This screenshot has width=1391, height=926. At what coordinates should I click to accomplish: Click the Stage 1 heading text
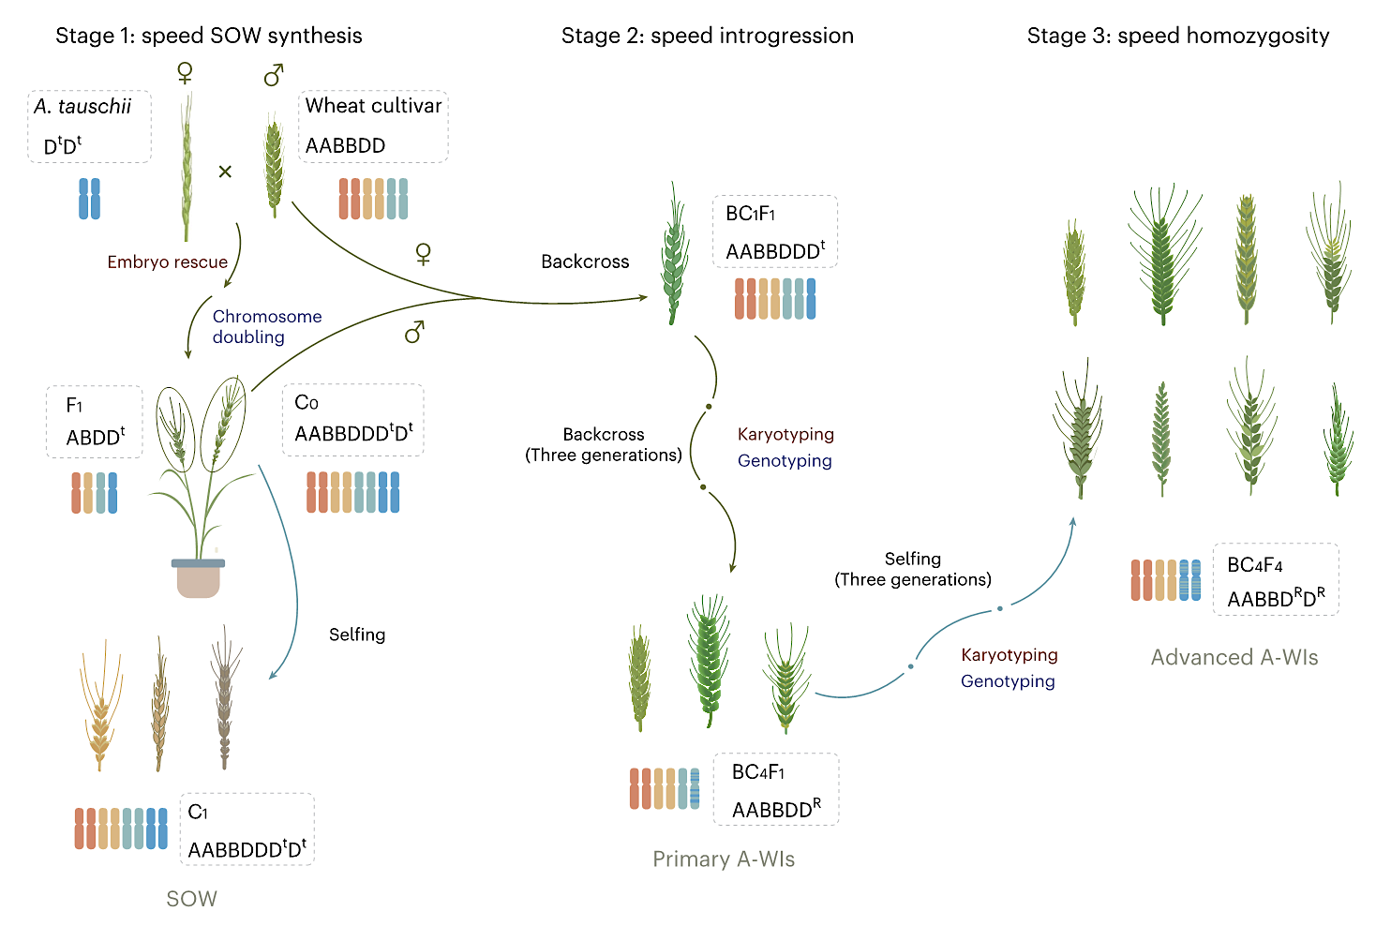[x=208, y=36]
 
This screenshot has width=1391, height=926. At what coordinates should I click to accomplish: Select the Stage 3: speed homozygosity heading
[x=1177, y=36]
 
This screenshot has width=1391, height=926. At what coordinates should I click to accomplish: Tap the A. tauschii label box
[x=89, y=126]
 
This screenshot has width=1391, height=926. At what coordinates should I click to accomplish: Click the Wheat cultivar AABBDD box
[x=373, y=126]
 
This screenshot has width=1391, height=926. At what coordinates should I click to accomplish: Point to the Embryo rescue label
[x=167, y=262]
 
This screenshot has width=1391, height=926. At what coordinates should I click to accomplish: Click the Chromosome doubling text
[x=266, y=327]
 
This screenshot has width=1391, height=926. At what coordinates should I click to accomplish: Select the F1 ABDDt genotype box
[x=95, y=422]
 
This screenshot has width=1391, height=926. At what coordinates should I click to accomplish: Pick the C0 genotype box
[x=352, y=420]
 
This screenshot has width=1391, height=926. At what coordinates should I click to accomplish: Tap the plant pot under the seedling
[x=198, y=578]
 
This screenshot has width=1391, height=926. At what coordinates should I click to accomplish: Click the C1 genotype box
[x=247, y=829]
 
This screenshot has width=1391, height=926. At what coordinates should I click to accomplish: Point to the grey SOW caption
[x=191, y=899]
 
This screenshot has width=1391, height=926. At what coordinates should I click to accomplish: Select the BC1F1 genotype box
[x=774, y=231]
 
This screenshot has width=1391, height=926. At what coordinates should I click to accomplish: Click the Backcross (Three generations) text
[x=603, y=445]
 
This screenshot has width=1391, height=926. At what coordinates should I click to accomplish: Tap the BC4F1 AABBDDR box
[x=775, y=789]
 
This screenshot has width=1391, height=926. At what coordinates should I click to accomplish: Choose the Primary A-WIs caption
[x=724, y=859]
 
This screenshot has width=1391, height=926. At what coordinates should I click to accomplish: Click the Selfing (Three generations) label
[x=912, y=569]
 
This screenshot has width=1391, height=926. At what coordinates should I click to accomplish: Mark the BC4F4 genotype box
[x=1275, y=579]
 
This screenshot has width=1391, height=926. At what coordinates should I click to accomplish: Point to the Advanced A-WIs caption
[x=1234, y=658]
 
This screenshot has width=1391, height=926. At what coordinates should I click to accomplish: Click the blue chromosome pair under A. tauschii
[x=89, y=199]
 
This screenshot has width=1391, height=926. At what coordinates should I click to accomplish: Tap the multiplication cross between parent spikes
[x=225, y=172]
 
